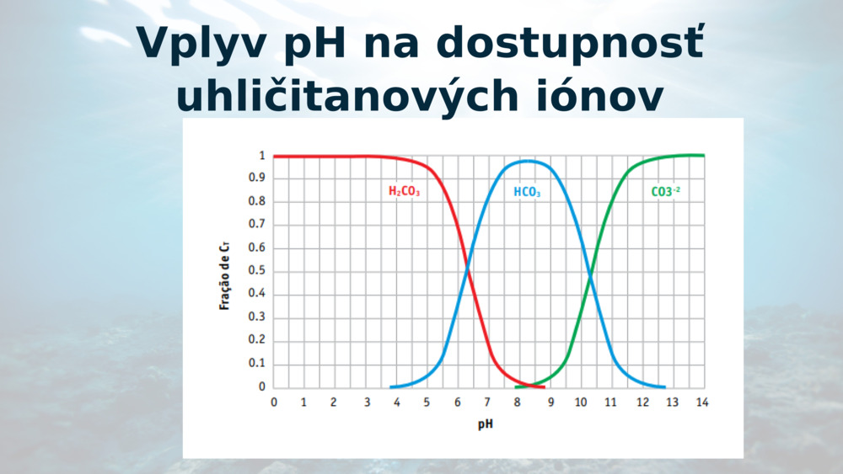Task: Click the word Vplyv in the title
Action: [x=201, y=44]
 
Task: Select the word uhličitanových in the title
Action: [x=347, y=94]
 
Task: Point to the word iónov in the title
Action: [x=600, y=94]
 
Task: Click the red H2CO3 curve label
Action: [x=405, y=191]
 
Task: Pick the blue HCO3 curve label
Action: [x=527, y=192]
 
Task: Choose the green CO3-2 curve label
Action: [x=666, y=192]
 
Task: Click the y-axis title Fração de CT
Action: [x=225, y=276]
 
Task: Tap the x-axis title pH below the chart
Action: [x=485, y=424]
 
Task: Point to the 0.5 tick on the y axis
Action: [x=256, y=270]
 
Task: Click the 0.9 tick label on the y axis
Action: [x=256, y=178]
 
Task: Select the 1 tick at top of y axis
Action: [x=262, y=156]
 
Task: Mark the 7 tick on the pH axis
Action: [x=487, y=402]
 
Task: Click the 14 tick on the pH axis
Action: [x=702, y=402]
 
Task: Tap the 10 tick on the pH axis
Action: [x=581, y=402]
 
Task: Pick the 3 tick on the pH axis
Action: [x=368, y=402]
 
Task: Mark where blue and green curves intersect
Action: [x=590, y=276]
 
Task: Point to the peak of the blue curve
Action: [x=527, y=161]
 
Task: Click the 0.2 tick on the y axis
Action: [x=256, y=340]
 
